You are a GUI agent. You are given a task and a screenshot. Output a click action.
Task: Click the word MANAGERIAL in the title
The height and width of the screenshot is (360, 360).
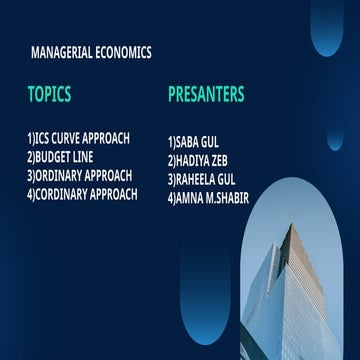[67, 52]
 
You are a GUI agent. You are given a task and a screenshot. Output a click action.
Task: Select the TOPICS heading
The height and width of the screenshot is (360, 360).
[49, 95]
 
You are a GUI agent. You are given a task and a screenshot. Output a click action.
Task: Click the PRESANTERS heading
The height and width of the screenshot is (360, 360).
[206, 95]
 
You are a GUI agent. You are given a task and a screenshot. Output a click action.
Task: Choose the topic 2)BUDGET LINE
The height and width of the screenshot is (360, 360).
[65, 157]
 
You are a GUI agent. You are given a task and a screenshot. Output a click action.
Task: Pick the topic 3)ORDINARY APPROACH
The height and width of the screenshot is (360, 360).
[79, 176]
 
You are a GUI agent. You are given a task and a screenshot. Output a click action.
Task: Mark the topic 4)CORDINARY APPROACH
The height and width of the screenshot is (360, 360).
[82, 194]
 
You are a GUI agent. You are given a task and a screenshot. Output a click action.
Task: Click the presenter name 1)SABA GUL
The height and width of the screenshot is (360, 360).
[193, 142]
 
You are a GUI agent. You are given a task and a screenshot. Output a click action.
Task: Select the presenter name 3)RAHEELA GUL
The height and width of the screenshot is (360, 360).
[202, 179]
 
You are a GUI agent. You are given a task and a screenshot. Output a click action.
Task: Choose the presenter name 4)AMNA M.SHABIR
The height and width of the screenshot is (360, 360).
[209, 197]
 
